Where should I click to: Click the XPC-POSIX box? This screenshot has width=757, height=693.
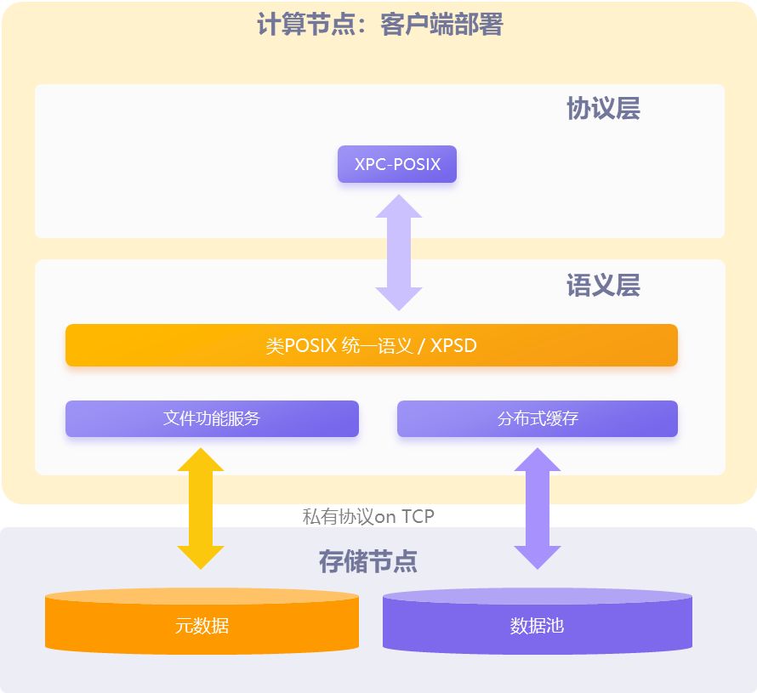point(397,164)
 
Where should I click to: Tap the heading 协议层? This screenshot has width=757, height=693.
point(603,109)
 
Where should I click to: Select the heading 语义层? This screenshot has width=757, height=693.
point(603,286)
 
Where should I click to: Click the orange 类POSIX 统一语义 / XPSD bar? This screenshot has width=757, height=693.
point(372,345)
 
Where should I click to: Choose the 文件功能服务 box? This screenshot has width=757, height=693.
point(212,418)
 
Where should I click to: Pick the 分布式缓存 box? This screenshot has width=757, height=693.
point(538,418)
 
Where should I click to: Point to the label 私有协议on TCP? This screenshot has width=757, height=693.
point(368,516)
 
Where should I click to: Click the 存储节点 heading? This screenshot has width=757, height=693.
point(368,561)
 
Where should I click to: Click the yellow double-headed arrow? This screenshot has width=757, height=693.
point(201,508)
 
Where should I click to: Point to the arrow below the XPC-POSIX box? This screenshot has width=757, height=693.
point(399,253)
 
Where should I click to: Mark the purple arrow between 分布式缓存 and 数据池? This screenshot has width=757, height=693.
point(538,508)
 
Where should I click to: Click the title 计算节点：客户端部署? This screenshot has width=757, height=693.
point(379,25)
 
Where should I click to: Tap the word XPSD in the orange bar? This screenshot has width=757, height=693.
point(453,346)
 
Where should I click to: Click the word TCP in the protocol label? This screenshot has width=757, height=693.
point(418,516)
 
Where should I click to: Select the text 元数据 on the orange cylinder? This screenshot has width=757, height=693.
point(202,627)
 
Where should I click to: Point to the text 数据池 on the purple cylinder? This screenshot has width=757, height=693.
point(538,627)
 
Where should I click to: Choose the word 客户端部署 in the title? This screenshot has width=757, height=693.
point(441,25)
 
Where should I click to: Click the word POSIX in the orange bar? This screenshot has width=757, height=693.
point(310,346)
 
